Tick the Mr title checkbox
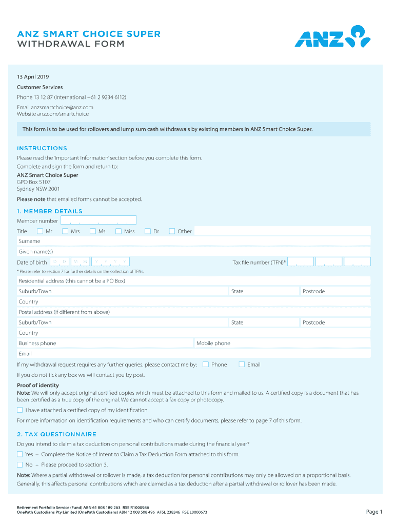(40, 231)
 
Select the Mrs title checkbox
(65, 231)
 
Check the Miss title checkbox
(118, 231)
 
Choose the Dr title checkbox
(148, 231)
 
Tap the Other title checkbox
(172, 231)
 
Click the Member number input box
(98, 220)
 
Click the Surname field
(205, 241)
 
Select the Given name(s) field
(205, 252)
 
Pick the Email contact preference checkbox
(242, 365)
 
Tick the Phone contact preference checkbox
(206, 365)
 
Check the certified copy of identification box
(20, 410)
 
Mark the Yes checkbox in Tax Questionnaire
(20, 454)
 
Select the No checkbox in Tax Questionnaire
(20, 465)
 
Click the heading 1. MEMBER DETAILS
(50, 211)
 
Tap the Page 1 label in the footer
(374, 512)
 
